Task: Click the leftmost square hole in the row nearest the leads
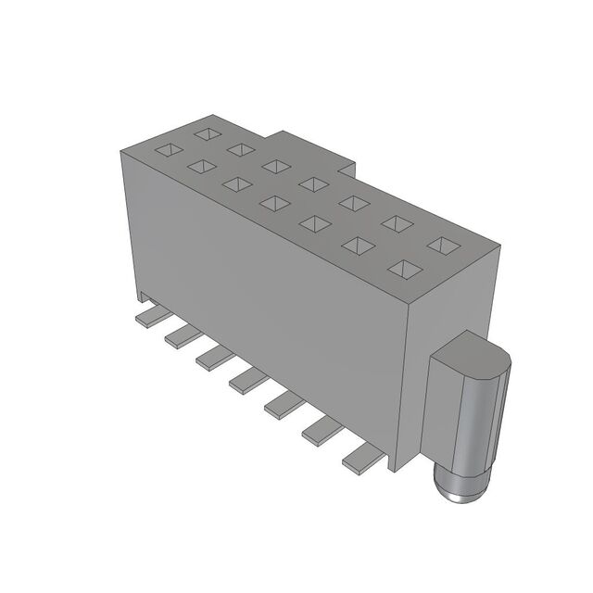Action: [x=165, y=148]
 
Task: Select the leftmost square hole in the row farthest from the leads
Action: [x=205, y=132]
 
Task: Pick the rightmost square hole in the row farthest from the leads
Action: [x=443, y=245]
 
